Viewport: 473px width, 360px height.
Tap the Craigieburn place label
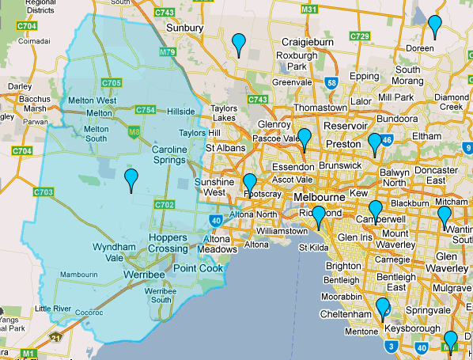(x=307, y=41)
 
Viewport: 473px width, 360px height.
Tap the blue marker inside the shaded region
(x=131, y=179)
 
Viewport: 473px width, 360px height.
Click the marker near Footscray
(x=250, y=184)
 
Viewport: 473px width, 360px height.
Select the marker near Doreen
(x=434, y=25)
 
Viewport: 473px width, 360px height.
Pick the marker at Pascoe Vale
(x=304, y=138)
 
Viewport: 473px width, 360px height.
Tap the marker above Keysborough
(x=383, y=308)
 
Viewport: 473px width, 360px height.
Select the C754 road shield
(x=145, y=109)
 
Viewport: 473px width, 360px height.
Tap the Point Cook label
(x=198, y=269)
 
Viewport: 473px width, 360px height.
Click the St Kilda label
(x=313, y=248)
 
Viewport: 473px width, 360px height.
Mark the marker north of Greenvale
(x=238, y=44)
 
